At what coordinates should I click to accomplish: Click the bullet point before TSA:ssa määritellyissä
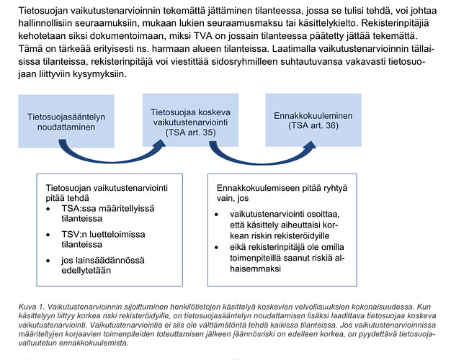48,208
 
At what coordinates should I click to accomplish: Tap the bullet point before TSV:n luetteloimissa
48,234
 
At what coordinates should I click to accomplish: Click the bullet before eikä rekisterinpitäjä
219,247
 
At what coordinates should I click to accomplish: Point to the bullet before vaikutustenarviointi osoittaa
219,215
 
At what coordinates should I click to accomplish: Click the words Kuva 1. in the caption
30,307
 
